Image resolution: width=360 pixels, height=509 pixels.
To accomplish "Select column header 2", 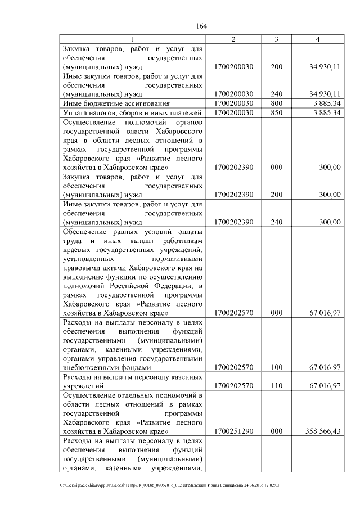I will [x=233, y=39].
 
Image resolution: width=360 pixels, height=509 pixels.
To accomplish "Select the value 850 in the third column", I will [x=276, y=113].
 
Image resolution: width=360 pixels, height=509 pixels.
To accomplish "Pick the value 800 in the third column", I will [x=276, y=103].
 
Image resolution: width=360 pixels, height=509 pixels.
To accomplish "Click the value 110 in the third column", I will [x=276, y=387].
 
